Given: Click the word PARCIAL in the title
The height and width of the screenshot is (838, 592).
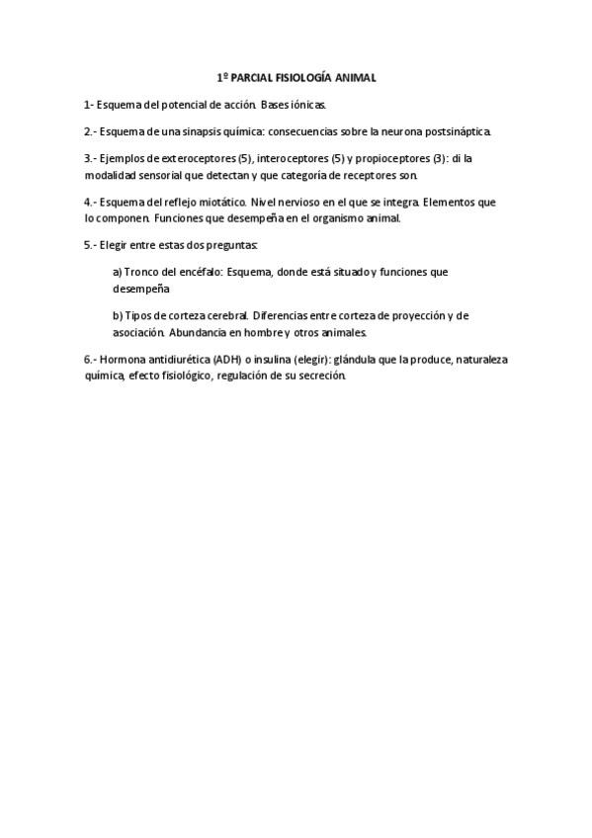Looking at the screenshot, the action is pos(247,77).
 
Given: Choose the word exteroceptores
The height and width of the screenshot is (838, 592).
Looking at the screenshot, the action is pos(195,158).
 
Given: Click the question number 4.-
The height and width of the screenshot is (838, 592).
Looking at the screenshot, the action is pos(90,203).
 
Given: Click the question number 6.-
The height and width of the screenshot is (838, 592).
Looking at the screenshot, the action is pos(90,361).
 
